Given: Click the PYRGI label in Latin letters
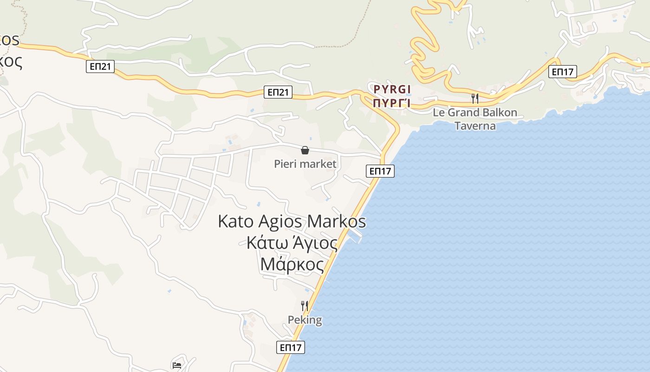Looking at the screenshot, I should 392,88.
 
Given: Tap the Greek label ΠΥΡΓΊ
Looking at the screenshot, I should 392,102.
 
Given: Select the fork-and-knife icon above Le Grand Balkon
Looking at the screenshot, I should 474,98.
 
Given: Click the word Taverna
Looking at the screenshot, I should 475,126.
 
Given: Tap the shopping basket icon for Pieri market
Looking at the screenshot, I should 305,150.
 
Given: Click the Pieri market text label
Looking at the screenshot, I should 305,164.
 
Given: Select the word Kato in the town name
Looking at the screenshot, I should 236,221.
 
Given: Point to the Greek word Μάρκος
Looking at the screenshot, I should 292,264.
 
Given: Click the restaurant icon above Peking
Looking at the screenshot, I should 305,306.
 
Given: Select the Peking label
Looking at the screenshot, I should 305,320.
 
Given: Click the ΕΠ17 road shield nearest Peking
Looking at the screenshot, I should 291,347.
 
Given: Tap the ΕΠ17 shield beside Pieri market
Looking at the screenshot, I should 381,171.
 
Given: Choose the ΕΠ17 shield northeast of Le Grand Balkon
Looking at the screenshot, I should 562,72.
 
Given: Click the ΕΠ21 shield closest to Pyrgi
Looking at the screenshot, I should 279,92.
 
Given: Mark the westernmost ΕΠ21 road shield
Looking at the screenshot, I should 100,66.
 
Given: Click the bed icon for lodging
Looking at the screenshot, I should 177,365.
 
